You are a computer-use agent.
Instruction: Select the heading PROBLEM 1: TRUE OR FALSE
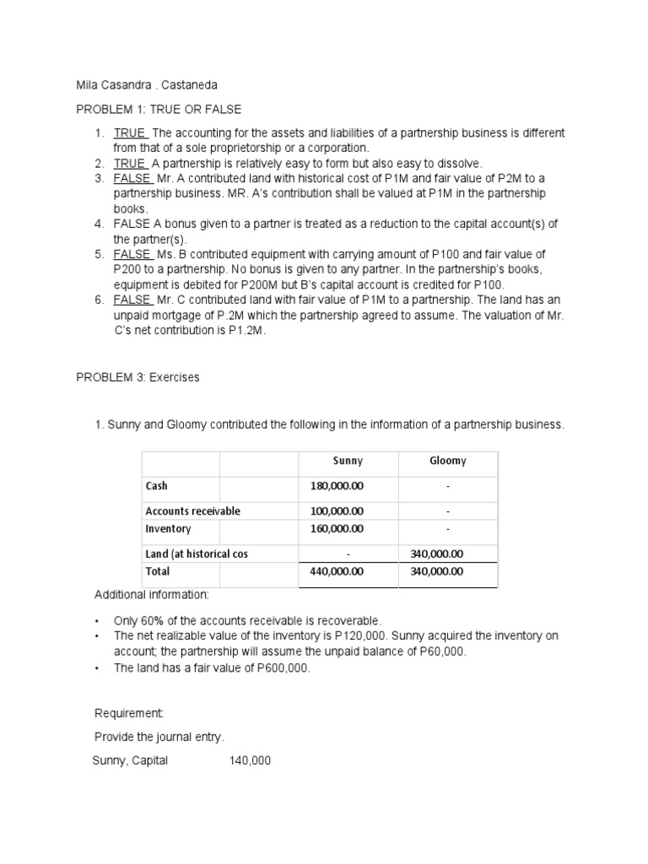(x=159, y=109)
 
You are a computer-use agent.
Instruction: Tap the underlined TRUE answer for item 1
(x=130, y=133)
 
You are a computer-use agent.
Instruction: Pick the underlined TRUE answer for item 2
(x=130, y=163)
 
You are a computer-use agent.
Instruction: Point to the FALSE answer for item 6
(x=132, y=300)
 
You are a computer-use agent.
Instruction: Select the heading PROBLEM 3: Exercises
(x=138, y=377)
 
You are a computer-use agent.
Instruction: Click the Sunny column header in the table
(x=348, y=461)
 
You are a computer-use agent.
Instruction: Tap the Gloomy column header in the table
(x=448, y=461)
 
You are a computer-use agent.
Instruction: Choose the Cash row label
(x=157, y=486)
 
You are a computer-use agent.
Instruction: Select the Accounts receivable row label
(x=193, y=511)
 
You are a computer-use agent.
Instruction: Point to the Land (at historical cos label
(x=197, y=553)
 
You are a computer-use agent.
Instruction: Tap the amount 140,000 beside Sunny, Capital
(x=250, y=760)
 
